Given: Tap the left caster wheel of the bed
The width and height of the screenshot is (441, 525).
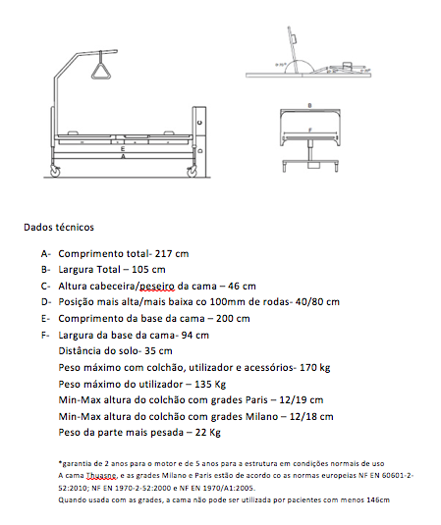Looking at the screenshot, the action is coord(55,172).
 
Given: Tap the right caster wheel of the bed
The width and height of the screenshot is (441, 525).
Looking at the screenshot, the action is coord(192,172).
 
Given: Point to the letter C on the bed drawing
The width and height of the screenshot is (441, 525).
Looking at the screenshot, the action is coord(199,123).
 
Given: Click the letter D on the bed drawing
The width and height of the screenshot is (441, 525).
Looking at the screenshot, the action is coord(200,151).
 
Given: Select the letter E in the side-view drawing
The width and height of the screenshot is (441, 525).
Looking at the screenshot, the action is coord(123,148).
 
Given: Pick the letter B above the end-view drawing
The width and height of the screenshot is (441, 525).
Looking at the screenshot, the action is coord(309,106).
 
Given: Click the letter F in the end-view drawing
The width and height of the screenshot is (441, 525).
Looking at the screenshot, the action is coord(310,130).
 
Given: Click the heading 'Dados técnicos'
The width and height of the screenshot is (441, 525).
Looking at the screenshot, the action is coord(59,228).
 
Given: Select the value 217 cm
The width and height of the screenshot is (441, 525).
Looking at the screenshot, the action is coord(172,254).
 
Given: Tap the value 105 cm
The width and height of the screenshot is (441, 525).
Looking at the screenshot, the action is coord(148,270).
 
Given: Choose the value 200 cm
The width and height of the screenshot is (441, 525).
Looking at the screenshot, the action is coord(233,318).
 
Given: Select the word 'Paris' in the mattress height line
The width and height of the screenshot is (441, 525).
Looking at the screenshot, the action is coord(256,400).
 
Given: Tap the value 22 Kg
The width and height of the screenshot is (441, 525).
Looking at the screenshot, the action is coord(208,433).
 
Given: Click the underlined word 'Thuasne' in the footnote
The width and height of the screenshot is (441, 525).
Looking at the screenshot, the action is coord(101,476).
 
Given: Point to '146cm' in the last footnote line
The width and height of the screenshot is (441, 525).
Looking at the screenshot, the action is coord(378,500).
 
